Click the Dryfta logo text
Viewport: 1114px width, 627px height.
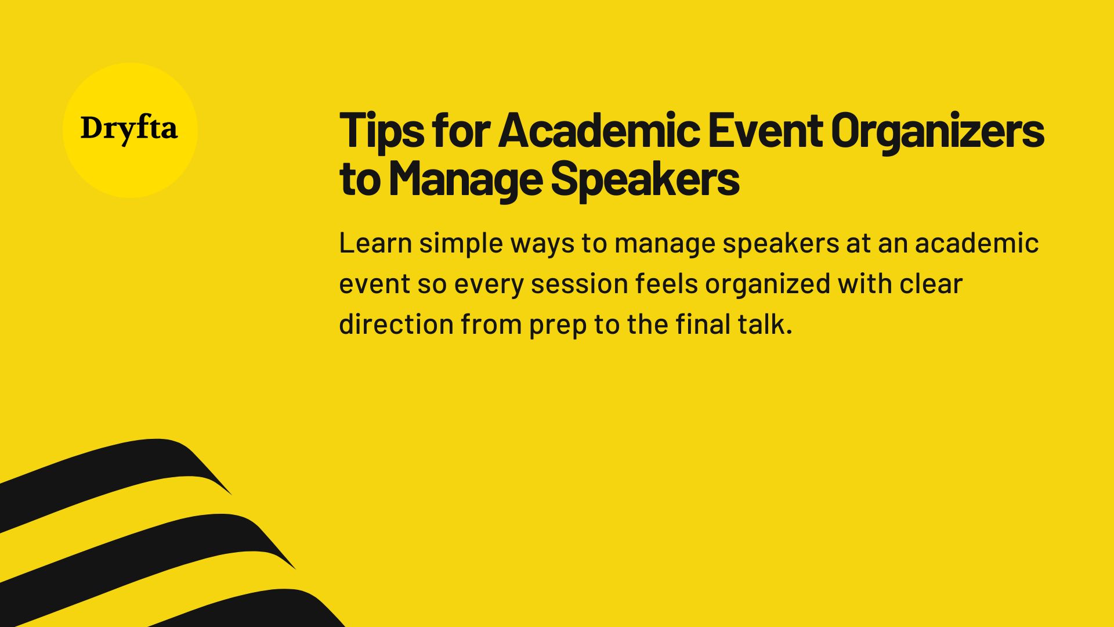pyautogui.click(x=129, y=129)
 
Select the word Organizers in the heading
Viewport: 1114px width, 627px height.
pyautogui.click(x=938, y=131)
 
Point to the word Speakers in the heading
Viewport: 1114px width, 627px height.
pyautogui.click(x=645, y=179)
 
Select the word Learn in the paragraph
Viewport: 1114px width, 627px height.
pyautogui.click(x=374, y=243)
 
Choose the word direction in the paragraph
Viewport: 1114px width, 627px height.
pyautogui.click(x=396, y=324)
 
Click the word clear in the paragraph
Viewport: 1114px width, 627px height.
pyautogui.click(x=931, y=284)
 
